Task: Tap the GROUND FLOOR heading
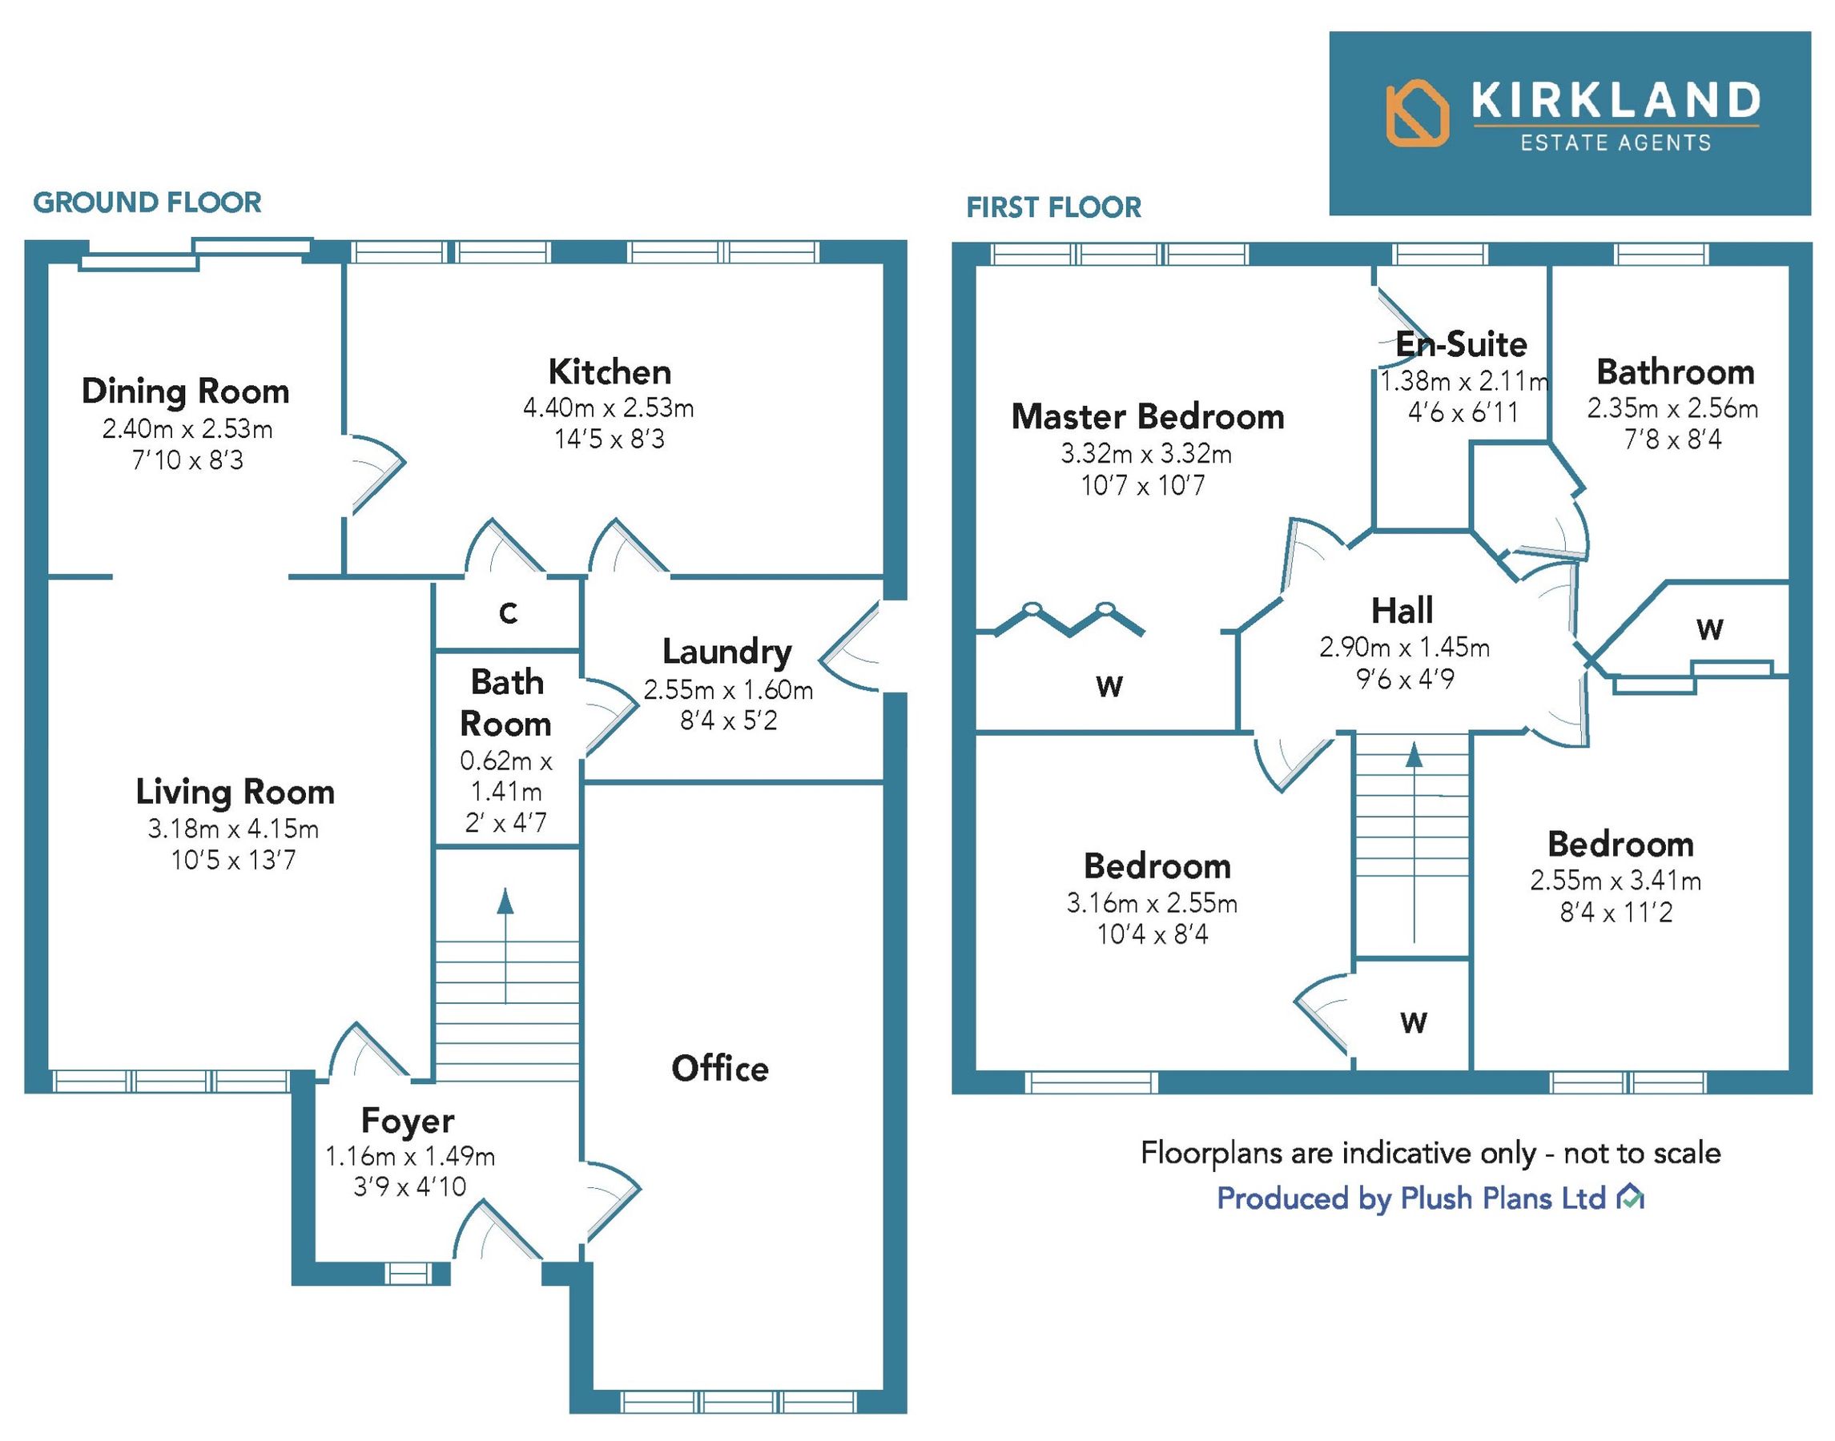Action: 147,203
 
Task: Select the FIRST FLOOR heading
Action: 1053,207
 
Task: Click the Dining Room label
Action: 186,391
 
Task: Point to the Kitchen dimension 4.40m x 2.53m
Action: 609,408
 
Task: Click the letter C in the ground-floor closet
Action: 507,613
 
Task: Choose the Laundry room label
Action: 726,652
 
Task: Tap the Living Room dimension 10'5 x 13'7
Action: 234,861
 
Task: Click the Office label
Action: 720,1069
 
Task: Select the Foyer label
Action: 408,1121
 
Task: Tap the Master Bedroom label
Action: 1148,417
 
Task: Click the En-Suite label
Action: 1461,344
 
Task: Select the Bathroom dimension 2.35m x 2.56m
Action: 1672,409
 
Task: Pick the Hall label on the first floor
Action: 1402,611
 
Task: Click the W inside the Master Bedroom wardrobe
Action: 1109,687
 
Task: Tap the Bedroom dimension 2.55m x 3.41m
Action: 1616,881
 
